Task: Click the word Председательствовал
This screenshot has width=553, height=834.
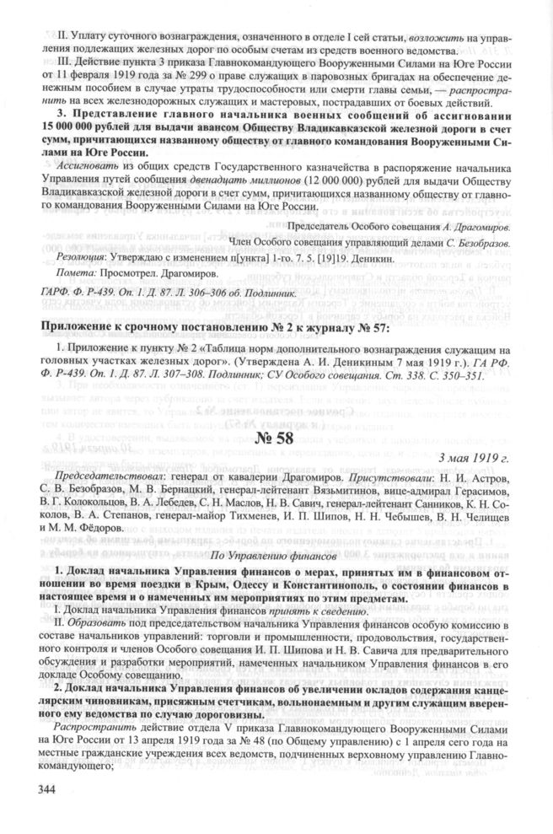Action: click(105, 476)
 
